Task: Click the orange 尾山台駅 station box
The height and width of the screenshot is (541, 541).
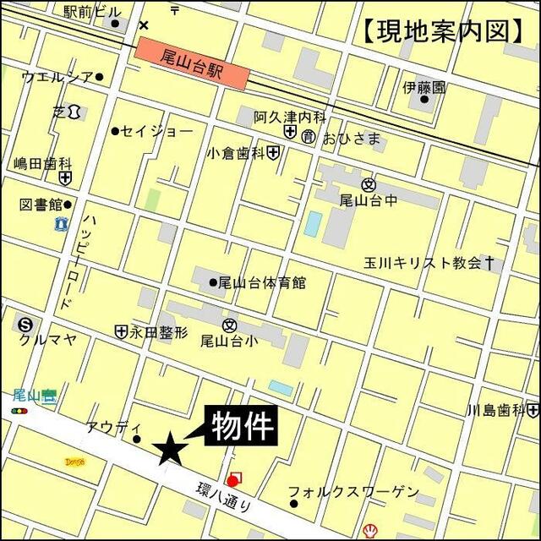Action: (192, 63)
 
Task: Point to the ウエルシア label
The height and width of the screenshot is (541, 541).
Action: (57, 77)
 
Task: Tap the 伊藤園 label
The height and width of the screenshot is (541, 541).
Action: (424, 88)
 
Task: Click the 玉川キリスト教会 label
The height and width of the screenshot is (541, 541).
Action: (423, 263)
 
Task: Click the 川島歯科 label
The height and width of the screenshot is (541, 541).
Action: (496, 411)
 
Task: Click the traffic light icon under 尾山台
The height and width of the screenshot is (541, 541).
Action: (19, 410)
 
